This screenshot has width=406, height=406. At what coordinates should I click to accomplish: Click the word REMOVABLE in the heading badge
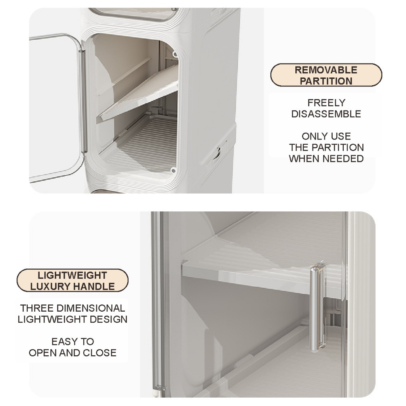[x=326, y=70]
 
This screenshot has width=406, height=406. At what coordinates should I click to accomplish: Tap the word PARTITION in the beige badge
[x=326, y=81]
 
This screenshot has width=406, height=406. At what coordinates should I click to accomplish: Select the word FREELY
[x=326, y=103]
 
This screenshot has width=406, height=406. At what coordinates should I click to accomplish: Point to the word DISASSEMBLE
[x=326, y=114]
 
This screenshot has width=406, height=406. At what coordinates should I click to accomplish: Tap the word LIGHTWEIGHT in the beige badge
[x=72, y=275]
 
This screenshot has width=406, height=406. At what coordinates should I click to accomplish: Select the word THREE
[x=37, y=308]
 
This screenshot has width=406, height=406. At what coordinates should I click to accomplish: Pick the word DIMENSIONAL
[x=91, y=308]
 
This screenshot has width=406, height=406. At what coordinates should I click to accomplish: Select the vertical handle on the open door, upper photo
[x=83, y=101]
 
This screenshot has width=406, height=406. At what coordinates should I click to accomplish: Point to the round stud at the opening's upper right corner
[x=175, y=55]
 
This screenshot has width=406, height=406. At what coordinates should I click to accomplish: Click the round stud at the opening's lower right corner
[x=173, y=170]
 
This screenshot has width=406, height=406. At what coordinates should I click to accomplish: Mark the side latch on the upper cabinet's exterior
[x=218, y=153]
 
